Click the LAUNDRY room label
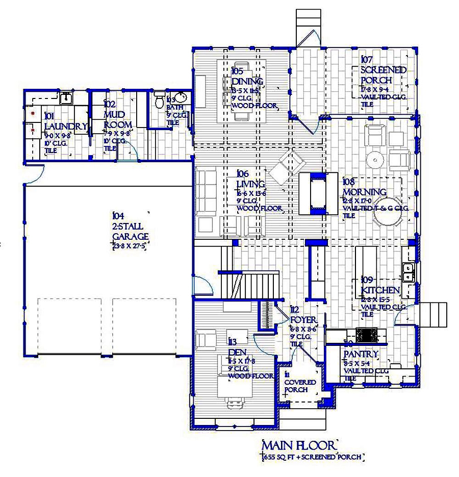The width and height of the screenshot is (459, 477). coord(65,127)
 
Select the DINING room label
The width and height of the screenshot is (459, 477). coord(247,82)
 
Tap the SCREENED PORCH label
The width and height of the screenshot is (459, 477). coord(383,76)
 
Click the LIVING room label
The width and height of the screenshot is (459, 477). coord(250,184)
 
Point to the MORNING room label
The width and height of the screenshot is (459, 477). coord(364,192)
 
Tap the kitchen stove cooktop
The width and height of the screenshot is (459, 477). coord(367,335)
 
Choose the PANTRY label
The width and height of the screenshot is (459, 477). coord(361,354)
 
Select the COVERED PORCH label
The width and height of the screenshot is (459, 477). coord(300,386)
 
